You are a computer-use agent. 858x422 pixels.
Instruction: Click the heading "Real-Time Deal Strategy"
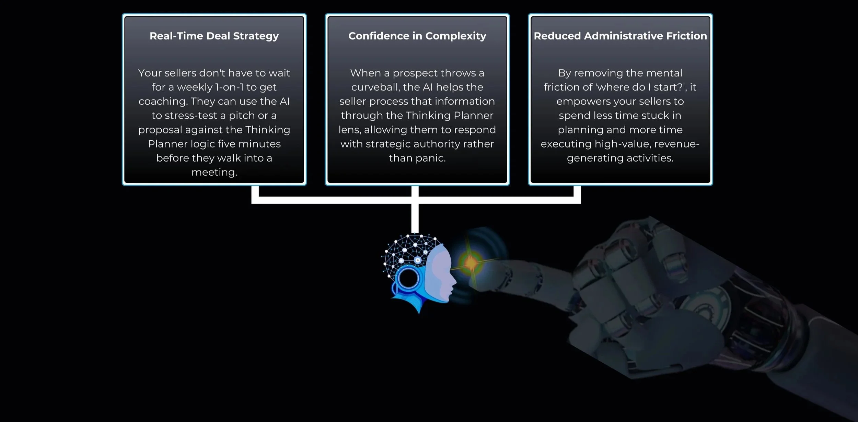214,36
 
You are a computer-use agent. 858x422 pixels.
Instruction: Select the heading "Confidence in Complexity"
417,36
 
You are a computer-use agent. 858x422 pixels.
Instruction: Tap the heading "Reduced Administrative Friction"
620,36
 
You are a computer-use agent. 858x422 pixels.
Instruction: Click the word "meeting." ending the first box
214,172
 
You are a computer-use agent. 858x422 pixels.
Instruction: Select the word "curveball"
375,87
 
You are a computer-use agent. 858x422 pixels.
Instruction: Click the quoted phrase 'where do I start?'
641,87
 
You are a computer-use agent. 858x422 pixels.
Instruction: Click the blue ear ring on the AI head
408,278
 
